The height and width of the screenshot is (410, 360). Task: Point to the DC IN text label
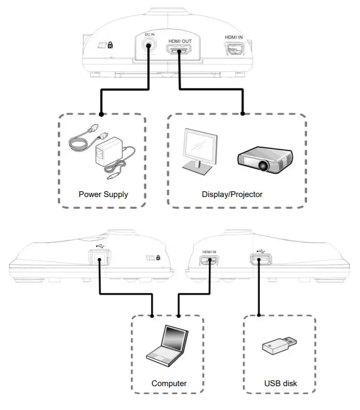[150, 34]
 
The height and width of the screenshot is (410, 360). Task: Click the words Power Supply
[103, 194]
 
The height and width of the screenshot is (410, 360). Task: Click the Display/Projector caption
[232, 194]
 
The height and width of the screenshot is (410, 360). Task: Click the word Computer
[169, 383]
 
